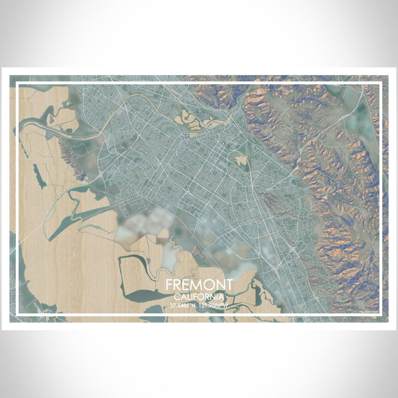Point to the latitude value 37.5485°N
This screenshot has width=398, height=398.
tap(184, 305)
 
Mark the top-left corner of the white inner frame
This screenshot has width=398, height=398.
tap(18, 84)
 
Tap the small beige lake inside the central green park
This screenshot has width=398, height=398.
tap(241, 160)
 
